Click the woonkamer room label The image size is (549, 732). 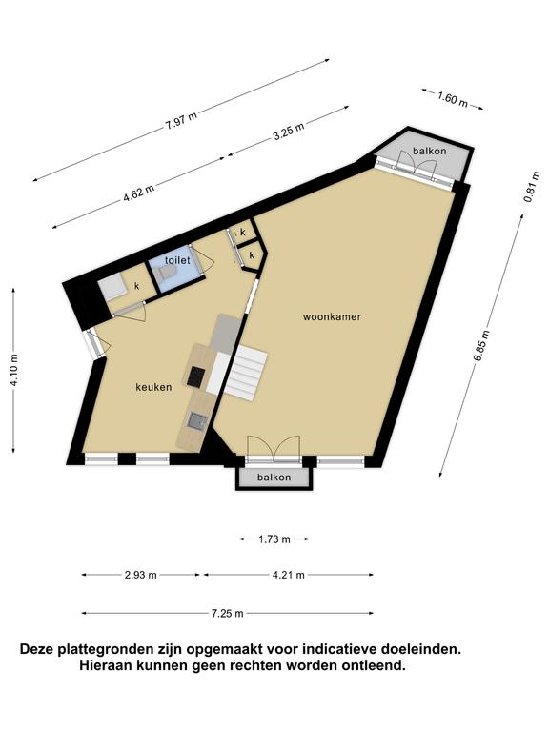[x=332, y=317]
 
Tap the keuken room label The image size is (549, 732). [x=153, y=387]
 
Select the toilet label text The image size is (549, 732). [x=177, y=260]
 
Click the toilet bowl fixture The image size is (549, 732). [x=167, y=274]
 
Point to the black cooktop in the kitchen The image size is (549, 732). [x=196, y=376]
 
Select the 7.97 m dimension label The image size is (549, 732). [x=181, y=121]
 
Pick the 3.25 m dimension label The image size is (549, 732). [x=289, y=132]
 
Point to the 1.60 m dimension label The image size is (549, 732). [x=452, y=98]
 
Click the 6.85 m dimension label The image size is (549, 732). [x=481, y=345]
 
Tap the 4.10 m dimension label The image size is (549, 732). [x=14, y=370]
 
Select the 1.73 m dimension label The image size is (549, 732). [x=274, y=539]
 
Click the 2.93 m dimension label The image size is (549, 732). [x=141, y=575]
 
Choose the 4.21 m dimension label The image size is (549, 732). [x=289, y=575]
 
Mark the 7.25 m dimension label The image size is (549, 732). [x=228, y=613]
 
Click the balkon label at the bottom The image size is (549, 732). [x=274, y=478]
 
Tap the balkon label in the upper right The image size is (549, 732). [x=430, y=151]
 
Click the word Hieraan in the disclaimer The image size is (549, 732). [x=106, y=665]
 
